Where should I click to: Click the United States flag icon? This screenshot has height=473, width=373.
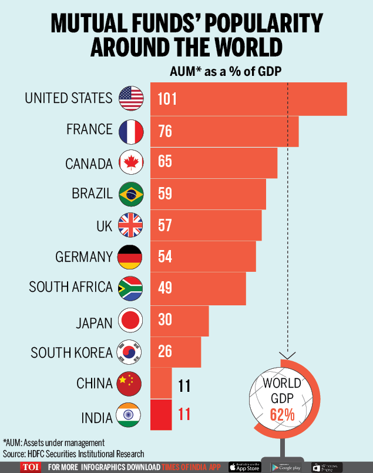[130, 98]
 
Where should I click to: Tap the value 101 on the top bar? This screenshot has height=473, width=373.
[167, 99]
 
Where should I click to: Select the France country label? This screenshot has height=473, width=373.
[89, 129]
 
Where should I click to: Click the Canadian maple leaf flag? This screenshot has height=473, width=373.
[130, 162]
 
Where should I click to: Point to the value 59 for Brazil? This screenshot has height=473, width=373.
[165, 193]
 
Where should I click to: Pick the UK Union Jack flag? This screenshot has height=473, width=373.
[130, 225]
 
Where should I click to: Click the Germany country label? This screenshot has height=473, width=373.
[83, 257]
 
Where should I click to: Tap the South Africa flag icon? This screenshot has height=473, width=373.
[130, 288]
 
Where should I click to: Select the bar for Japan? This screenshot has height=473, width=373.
[180, 321]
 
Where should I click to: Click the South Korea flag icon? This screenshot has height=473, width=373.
[130, 352]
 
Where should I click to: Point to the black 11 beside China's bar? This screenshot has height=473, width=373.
[185, 386]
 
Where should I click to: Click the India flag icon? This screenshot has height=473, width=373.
[130, 415]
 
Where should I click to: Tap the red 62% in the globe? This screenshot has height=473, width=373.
[282, 414]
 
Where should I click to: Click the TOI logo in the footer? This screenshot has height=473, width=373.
[28, 467]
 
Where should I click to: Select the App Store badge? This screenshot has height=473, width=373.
[245, 467]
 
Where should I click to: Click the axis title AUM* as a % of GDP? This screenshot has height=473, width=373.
[226, 72]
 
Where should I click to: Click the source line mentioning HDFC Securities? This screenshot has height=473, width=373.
[73, 454]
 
